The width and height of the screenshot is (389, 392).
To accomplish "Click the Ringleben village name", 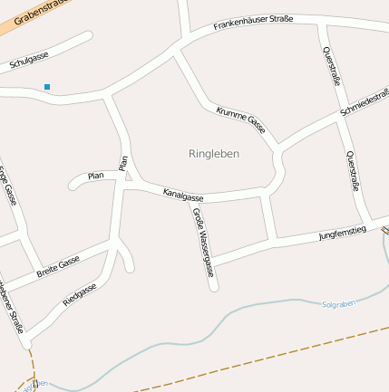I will [x=214, y=154].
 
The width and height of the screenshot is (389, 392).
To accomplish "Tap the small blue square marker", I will [x=47, y=87].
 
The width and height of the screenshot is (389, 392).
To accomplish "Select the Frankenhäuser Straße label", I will [x=253, y=22].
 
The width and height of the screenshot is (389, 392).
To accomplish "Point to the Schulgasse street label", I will [x=28, y=61].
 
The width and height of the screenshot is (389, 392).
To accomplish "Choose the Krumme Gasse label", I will [x=240, y=118].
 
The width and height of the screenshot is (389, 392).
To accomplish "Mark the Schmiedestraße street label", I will [x=365, y=102].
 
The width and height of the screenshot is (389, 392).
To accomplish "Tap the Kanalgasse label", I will [x=183, y=195].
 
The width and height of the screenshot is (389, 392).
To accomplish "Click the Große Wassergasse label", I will [x=201, y=242].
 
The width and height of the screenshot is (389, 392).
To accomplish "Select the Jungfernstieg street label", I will [x=342, y=234].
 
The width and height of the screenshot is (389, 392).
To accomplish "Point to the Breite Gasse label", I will [x=58, y=266].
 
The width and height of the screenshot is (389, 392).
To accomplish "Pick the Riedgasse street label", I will [x=80, y=294].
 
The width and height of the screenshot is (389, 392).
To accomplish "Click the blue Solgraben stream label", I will [x=339, y=304].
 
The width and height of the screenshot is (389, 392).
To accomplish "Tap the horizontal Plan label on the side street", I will [x=95, y=175].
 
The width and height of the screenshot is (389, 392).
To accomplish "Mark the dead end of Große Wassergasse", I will [x=214, y=288].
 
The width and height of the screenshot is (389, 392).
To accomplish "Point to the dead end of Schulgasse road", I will [x=88, y=36].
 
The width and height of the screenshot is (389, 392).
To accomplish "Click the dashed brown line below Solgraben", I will [x=272, y=361].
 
